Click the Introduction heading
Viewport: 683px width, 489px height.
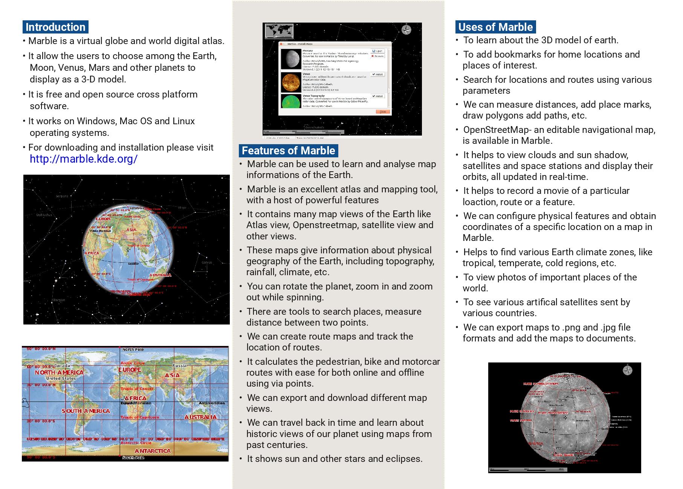[x=55, y=27]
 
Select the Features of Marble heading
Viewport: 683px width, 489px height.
[x=288, y=151]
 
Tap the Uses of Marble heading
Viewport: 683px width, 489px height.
[x=495, y=27]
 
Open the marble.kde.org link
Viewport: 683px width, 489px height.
[x=83, y=159]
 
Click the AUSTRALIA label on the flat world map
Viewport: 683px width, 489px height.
[x=200, y=417]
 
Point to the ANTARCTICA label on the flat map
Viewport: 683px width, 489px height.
[x=153, y=451]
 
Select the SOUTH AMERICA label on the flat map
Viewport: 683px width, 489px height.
[x=86, y=411]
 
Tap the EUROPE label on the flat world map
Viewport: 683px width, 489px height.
[x=130, y=370]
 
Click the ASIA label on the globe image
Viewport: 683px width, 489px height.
[x=131, y=230]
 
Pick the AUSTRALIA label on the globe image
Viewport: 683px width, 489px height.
[x=160, y=275]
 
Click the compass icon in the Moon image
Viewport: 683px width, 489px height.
[x=627, y=370]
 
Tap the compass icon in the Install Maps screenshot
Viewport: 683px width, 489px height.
[x=406, y=30]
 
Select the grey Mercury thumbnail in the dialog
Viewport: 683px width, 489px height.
[x=291, y=59]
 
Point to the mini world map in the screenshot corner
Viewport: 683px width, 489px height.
[x=279, y=31]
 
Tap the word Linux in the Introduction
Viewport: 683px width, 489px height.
[x=183, y=121]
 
